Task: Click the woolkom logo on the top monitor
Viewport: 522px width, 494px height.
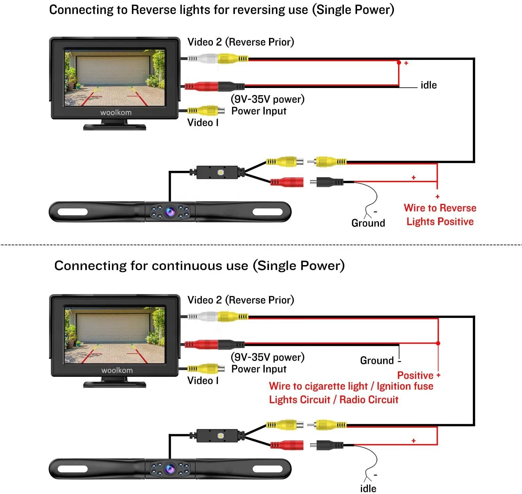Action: (116, 112)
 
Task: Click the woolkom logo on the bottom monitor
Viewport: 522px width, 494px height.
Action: (117, 370)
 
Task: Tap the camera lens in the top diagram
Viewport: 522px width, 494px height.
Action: (170, 211)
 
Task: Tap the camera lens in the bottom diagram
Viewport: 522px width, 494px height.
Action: (170, 469)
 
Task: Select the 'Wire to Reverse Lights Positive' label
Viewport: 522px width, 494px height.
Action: (440, 215)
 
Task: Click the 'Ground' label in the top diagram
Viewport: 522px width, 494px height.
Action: (368, 223)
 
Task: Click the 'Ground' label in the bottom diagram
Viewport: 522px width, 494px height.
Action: (377, 360)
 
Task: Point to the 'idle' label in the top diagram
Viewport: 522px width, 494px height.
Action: (428, 85)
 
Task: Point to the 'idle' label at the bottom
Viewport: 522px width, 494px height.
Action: (368, 488)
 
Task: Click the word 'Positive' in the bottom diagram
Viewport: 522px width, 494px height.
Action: (415, 375)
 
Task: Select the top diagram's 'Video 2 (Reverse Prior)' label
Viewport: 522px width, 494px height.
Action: (240, 42)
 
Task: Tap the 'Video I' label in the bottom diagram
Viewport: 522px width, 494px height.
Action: (203, 381)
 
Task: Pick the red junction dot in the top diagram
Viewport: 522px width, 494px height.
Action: (399, 63)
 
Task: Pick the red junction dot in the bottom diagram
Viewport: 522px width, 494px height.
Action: (438, 343)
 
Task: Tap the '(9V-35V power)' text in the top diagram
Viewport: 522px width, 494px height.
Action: (267, 99)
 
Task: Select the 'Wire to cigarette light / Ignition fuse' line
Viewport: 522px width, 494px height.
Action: (351, 386)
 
